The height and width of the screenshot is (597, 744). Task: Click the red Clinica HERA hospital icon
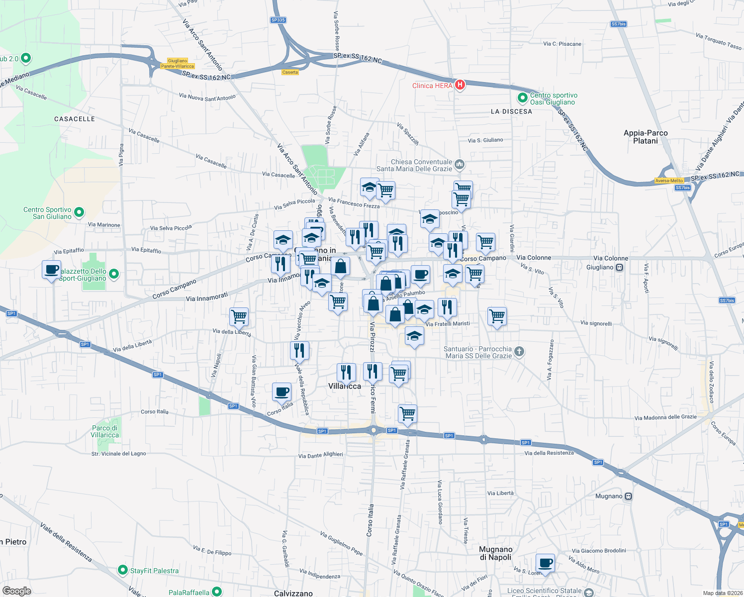coord(460,85)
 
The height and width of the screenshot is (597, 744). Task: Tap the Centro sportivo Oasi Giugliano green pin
coord(522,98)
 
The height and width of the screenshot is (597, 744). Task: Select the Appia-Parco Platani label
coord(646,137)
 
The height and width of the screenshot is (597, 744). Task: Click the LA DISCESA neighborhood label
coord(511,111)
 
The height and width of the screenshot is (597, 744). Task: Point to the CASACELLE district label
coord(75,119)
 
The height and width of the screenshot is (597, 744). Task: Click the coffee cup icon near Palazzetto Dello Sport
coord(52,270)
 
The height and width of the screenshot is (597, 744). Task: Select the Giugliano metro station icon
coord(619,268)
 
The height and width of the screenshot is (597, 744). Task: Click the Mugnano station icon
coord(628,497)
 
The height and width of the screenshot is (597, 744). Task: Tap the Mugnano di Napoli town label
coord(495,553)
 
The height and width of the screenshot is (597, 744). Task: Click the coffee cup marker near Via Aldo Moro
coord(546,563)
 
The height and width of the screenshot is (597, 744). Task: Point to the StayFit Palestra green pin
coord(123,570)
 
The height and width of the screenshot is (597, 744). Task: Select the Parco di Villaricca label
coord(104,431)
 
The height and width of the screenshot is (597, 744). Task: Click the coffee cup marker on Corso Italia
coord(281,392)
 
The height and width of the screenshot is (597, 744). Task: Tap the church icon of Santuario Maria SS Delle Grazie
coord(519,352)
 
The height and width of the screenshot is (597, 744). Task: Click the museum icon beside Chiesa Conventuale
coord(460,164)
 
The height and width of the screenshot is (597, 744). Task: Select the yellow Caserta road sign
coord(290,72)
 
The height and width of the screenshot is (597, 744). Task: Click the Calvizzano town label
coord(293,593)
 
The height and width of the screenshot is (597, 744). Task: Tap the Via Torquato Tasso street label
coord(719,41)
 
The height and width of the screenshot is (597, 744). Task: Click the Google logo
coord(17,591)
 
